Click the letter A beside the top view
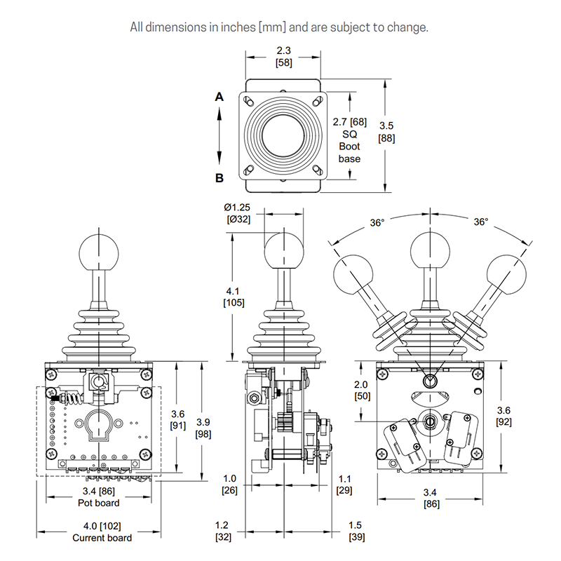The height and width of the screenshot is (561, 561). tap(219, 97)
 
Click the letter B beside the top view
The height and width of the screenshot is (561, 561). tap(219, 178)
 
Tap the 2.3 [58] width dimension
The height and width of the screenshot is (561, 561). tap(283, 56)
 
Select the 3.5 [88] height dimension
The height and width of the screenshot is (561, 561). tap(386, 132)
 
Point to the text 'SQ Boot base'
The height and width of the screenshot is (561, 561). tap(349, 146)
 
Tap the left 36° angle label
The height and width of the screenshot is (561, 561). tap(377, 222)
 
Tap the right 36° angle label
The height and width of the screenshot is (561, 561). tap(480, 222)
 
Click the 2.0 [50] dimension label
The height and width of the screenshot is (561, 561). tap(361, 391)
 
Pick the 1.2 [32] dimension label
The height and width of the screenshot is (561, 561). tap(222, 531)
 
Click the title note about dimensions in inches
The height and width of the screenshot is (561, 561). tap(280, 28)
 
